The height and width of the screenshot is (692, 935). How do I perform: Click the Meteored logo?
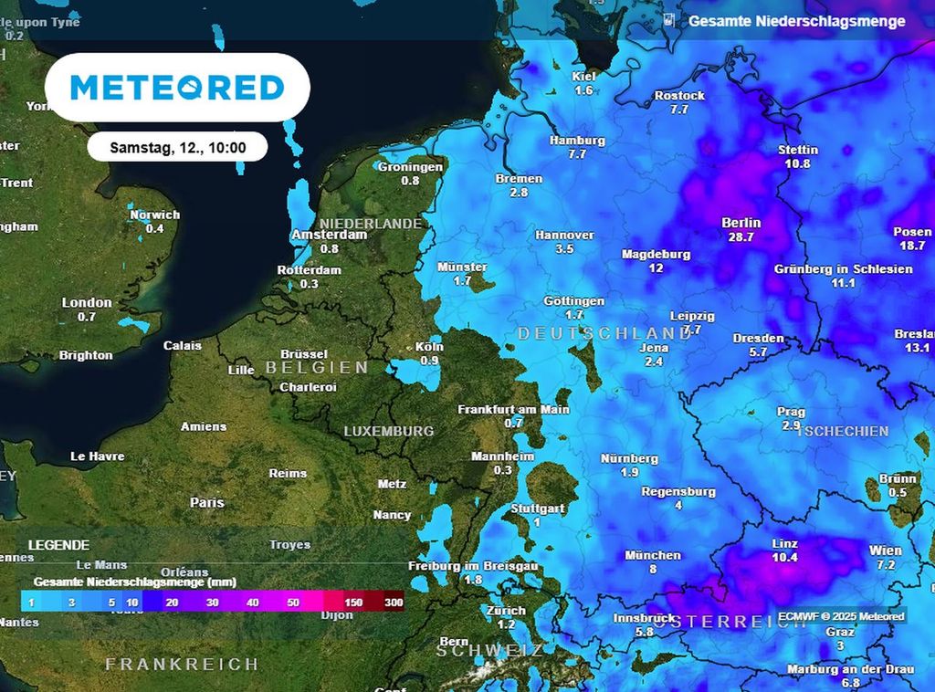coord(177,88)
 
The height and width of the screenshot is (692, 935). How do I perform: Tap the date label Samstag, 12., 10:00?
coord(177,147)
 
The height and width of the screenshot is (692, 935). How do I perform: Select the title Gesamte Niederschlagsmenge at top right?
coord(796,20)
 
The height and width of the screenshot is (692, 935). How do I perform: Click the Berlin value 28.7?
coord(741,237)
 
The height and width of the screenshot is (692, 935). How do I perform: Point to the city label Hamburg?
coord(577,141)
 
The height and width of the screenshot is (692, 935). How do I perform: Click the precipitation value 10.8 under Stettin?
coord(797,164)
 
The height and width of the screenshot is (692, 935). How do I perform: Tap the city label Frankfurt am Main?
coord(513,409)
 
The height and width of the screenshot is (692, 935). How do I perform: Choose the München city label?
coord(653,555)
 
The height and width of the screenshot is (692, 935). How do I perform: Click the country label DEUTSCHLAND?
coord(604,334)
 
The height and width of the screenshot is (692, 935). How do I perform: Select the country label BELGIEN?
coord(317,368)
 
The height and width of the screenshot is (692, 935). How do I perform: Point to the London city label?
coord(87,302)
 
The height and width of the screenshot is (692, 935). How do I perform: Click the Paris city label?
coord(206,502)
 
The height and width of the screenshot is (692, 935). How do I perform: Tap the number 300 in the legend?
coord(394,603)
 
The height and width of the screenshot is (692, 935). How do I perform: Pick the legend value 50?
coord(292,603)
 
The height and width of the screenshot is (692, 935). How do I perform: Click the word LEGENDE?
coord(58,544)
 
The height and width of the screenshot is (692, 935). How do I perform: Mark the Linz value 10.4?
coord(784,558)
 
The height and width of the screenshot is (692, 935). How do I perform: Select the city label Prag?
coord(791,412)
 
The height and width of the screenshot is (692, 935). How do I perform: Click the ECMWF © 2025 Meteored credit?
coord(841,617)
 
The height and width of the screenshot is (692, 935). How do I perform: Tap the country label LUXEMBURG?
coord(388,431)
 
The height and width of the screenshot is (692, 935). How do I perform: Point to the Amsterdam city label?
coord(329,235)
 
